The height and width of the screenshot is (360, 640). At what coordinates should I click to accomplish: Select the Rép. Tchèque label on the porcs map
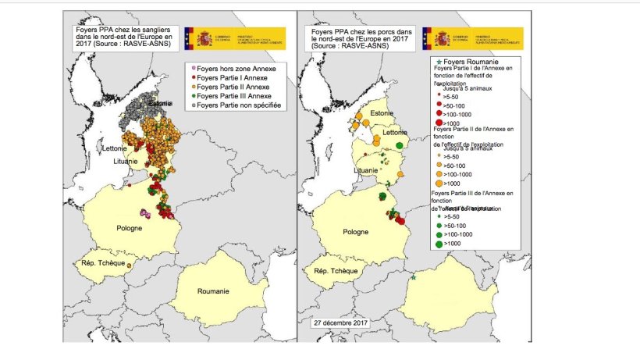coord(335,271)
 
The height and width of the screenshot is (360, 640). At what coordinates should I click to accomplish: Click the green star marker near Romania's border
coord(413,276)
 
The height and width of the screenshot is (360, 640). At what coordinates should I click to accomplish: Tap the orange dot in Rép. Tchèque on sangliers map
coord(130,264)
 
